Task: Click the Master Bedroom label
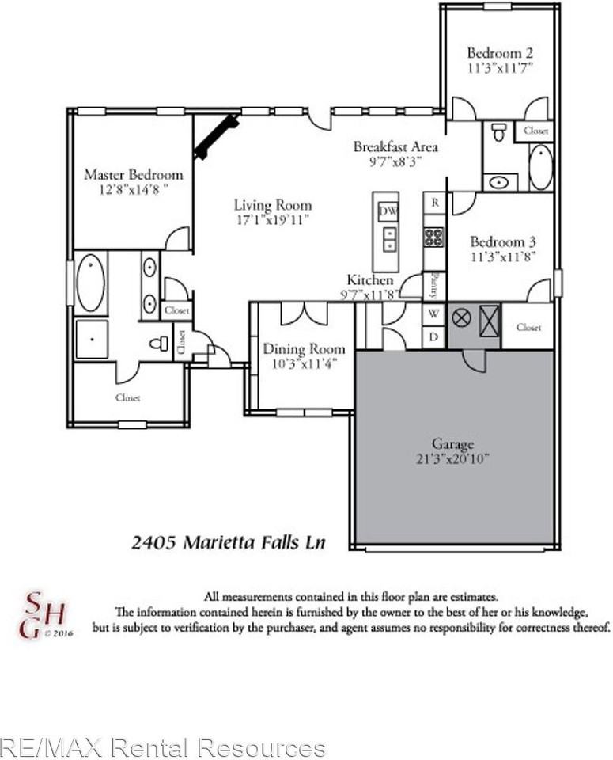tap(133, 174)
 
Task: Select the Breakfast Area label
tap(395, 146)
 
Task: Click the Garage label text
tap(452, 443)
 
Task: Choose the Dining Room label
tap(304, 349)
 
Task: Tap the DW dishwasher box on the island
tap(388, 211)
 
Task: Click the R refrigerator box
tap(434, 203)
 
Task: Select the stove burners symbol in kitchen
tap(434, 237)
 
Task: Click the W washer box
tap(433, 314)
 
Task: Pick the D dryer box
tap(433, 336)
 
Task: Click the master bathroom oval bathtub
tap(90, 283)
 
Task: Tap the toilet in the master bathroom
tap(161, 344)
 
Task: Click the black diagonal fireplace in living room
tap(216, 136)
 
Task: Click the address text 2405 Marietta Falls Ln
tap(228, 542)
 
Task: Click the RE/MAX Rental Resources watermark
tap(163, 747)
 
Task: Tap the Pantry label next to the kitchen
tap(434, 283)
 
